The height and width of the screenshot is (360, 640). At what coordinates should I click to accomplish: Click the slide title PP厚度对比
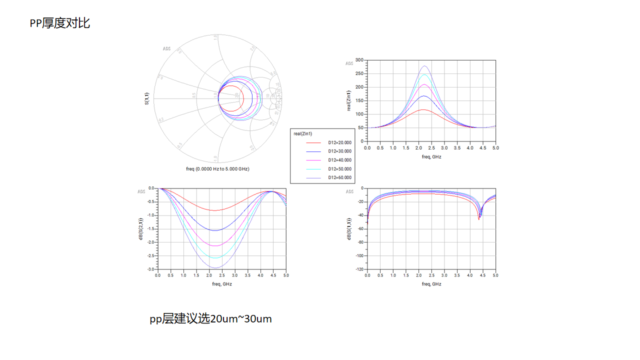[60, 23]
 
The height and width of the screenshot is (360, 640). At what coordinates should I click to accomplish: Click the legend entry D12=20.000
[339, 142]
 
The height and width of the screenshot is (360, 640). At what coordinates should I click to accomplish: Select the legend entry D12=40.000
[339, 160]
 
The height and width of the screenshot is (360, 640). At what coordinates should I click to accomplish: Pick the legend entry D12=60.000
[339, 177]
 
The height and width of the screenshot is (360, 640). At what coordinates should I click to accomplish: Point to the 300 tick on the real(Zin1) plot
[359, 60]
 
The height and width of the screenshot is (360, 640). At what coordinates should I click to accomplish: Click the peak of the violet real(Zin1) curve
[424, 66]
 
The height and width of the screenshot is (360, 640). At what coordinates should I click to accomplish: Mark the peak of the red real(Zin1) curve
[423, 109]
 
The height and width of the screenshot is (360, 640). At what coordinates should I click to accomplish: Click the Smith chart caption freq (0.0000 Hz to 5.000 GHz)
[217, 169]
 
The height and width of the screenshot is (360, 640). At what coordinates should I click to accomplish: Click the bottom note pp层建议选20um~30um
[210, 318]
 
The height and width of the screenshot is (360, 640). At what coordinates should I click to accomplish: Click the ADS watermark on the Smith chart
[166, 49]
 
